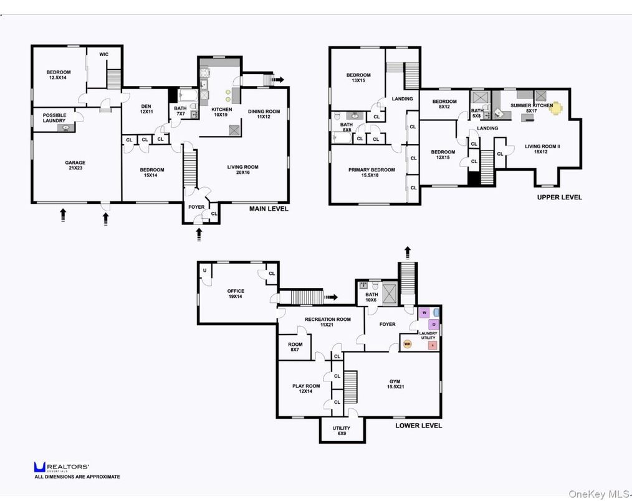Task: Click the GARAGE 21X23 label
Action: pos(75,166)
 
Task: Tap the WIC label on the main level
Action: pos(103,54)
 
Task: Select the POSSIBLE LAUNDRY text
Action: pos(54,118)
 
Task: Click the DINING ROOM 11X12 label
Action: pos(264,114)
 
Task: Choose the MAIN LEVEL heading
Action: pos(269,209)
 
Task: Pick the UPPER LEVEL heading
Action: pos(559,197)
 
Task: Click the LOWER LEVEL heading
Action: pos(418,426)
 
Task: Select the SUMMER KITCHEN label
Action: pos(531,106)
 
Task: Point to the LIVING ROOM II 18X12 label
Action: pos(542,149)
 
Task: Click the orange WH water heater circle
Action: pos(408,343)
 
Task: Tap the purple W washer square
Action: pos(424,312)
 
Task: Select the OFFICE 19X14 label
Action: pos(236,294)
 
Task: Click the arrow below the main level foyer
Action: pos(199,234)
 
